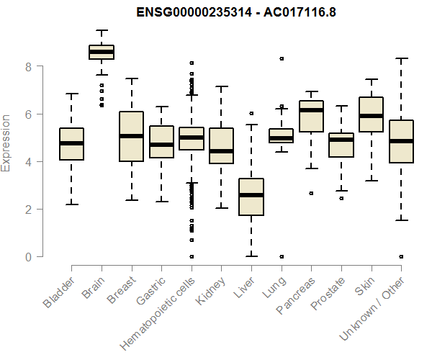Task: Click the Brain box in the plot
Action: (102, 52)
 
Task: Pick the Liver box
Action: (251, 197)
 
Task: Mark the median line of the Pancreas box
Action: (311, 110)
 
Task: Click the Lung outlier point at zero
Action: (282, 256)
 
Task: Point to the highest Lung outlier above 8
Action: (282, 58)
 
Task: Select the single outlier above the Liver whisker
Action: (251, 113)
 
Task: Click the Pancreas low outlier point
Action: (311, 193)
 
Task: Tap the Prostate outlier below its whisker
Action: (341, 198)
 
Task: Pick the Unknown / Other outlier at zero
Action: (401, 256)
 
